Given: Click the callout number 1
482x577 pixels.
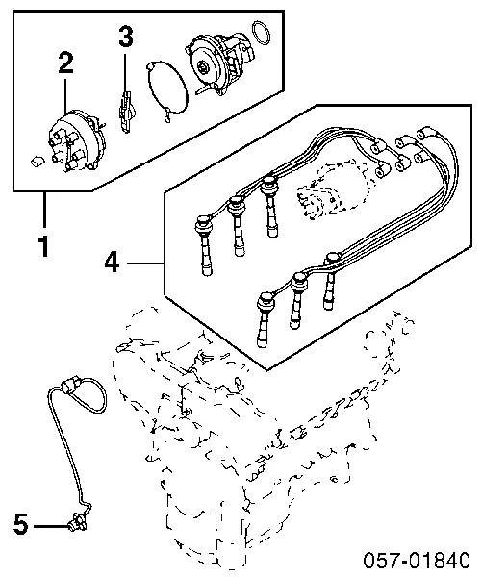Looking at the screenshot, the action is (44, 246).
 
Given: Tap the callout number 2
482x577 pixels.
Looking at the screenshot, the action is (65, 63).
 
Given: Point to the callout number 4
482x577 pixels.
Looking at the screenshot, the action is (112, 263).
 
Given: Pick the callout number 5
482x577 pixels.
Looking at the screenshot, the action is (21, 524).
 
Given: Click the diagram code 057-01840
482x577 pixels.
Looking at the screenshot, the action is (417, 560).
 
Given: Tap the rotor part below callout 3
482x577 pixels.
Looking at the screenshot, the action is (126, 112).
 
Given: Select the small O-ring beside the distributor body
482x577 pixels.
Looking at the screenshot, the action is (261, 34).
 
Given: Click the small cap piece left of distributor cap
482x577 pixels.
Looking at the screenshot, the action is (37, 162).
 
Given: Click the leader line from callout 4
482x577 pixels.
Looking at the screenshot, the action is (145, 263).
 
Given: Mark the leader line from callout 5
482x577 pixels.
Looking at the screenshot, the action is (52, 526).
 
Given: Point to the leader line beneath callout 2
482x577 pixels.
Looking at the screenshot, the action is (65, 95).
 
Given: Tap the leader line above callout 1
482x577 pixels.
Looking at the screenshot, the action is (44, 210).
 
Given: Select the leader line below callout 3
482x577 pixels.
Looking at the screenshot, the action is (126, 72).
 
